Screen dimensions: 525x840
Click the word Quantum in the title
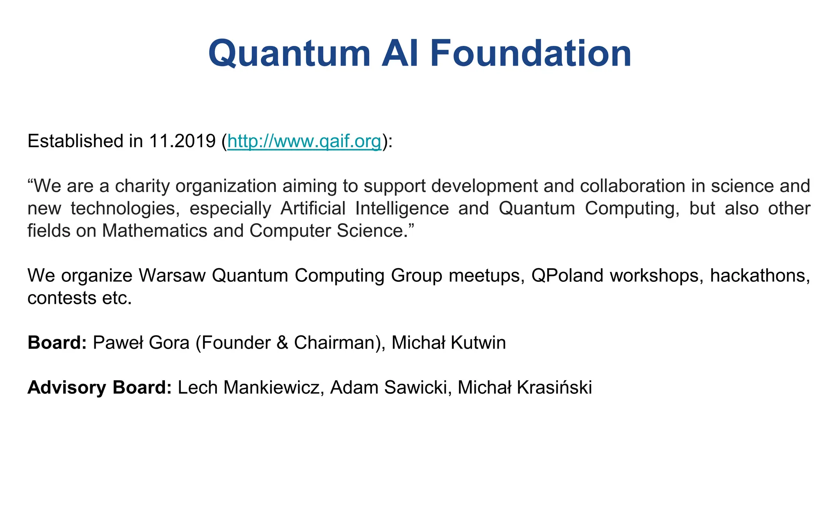point(289,54)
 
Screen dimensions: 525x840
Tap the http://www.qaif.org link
point(304,142)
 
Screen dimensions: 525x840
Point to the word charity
point(142,187)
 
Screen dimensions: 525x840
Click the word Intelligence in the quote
point(402,209)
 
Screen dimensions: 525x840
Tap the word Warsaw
point(172,276)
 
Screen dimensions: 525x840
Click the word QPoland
point(567,276)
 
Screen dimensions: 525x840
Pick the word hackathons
point(760,276)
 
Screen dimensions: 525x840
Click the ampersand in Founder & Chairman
point(282,343)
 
